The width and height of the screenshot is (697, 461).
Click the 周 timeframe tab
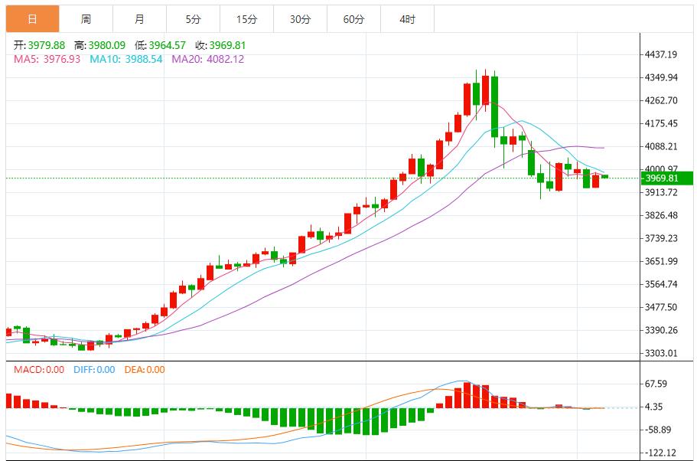pos(86,19)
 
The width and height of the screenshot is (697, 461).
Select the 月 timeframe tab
pos(139,19)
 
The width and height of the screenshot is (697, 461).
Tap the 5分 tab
pos(193,19)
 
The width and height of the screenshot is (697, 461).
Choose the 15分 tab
pos(246,19)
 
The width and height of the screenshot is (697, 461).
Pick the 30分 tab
pos(300,19)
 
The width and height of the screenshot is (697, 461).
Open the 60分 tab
pos(353,19)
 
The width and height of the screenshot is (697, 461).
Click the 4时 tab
pos(407,19)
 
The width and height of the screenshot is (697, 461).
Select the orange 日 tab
pos(32,19)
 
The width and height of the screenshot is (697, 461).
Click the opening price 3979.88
pos(47,45)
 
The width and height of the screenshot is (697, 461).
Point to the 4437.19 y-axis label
pos(662,54)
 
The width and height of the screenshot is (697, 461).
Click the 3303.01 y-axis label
pos(662,353)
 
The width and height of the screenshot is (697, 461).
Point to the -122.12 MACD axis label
pos(660,453)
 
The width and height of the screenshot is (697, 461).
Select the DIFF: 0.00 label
pos(94,370)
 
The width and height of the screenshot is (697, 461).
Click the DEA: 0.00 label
pos(145,370)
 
